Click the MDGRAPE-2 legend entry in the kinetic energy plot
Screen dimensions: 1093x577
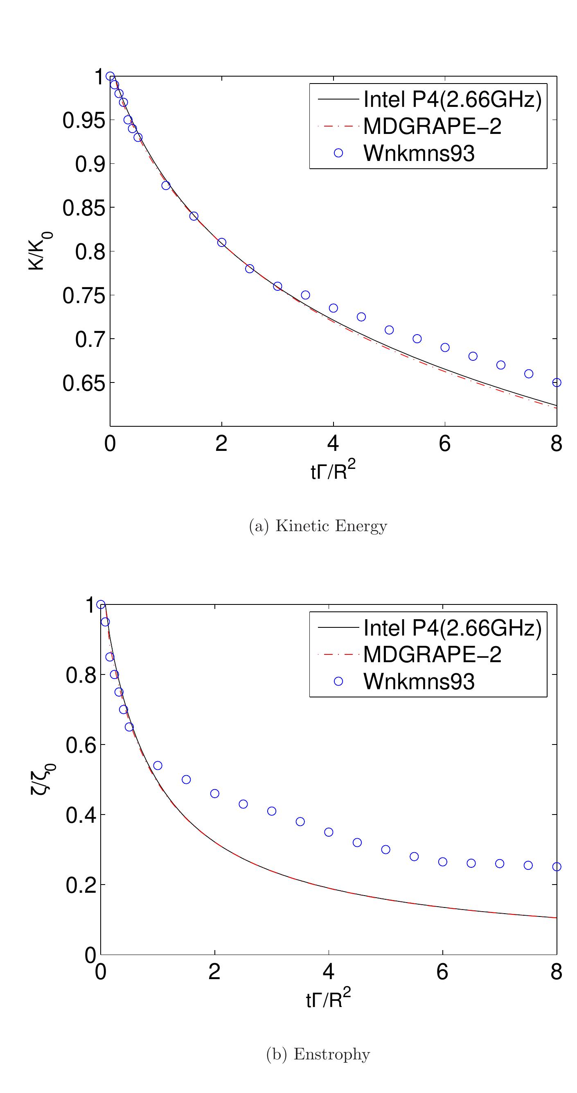(x=432, y=126)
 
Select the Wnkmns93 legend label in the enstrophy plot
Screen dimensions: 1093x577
(x=419, y=681)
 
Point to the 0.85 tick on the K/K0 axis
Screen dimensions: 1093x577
(x=83, y=208)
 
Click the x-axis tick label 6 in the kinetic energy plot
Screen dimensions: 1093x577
(x=444, y=444)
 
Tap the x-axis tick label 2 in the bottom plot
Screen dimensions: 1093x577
(x=214, y=972)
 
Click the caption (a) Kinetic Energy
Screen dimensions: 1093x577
(x=318, y=526)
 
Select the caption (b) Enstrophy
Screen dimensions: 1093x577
(x=318, y=1054)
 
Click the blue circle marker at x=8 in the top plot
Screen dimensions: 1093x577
(x=557, y=382)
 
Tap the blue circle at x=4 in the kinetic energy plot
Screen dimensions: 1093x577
(x=333, y=308)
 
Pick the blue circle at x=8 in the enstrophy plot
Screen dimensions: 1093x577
(x=557, y=867)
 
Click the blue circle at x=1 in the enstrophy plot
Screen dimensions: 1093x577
(x=158, y=765)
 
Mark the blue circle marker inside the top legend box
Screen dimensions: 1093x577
(x=338, y=153)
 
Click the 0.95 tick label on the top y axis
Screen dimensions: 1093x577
(x=83, y=120)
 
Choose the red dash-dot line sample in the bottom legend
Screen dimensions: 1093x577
(x=338, y=654)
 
